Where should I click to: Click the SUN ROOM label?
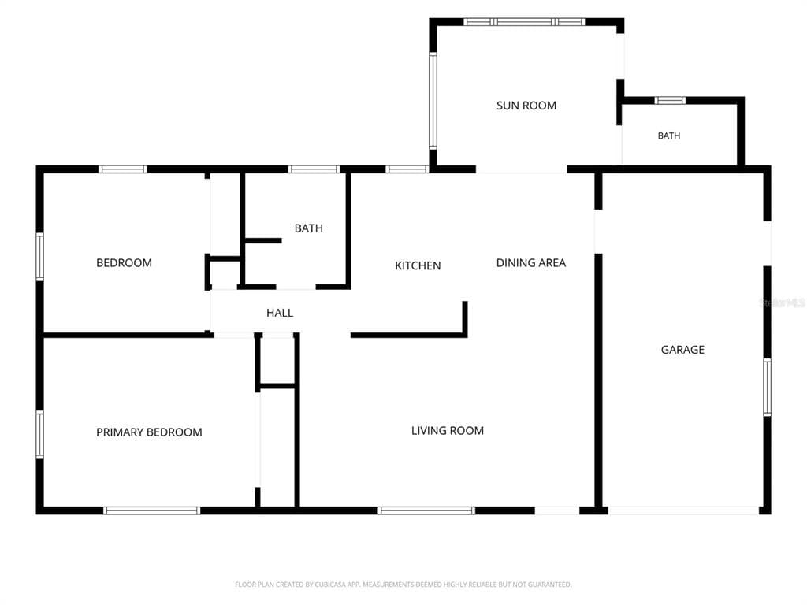(526, 106)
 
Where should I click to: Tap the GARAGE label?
(682, 350)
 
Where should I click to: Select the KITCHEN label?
(418, 265)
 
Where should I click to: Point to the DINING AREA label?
(530, 263)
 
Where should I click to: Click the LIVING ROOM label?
(448, 431)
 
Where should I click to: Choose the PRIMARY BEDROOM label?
(149, 432)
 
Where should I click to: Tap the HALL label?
(280, 313)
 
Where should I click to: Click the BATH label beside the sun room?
(668, 135)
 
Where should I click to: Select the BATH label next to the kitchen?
(308, 228)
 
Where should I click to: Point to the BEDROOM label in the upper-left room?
(124, 263)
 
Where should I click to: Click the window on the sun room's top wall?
(524, 22)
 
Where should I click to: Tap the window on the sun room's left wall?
(433, 101)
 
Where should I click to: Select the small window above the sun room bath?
(670, 100)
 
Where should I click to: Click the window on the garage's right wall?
(767, 388)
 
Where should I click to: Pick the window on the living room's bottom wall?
(426, 510)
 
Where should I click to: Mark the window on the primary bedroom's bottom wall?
(151, 510)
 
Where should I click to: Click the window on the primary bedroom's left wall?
(39, 434)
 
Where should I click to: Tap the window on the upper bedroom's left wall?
(39, 257)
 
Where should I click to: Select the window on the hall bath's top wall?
(314, 169)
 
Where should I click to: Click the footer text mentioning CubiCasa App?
(403, 585)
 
